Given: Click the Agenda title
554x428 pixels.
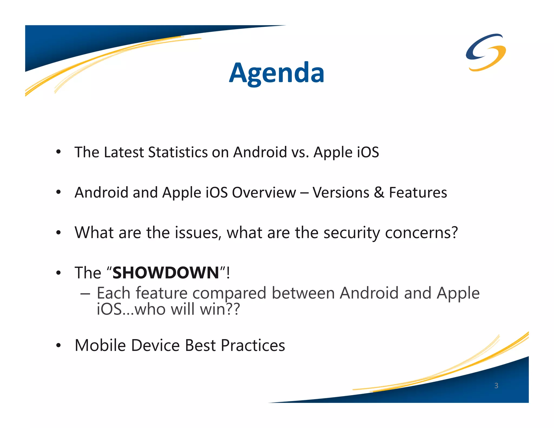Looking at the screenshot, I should point(276,73).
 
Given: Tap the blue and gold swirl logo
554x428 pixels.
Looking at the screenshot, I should point(486,52).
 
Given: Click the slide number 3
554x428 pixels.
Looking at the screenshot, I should point(496,386).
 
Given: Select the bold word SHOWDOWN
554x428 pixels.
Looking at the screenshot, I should point(166,273).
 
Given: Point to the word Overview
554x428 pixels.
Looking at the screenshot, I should point(264,193).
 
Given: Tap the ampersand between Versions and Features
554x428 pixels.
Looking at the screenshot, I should point(379,193).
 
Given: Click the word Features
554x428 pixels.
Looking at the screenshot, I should point(418,193).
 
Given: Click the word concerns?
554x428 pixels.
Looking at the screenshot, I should point(421,233).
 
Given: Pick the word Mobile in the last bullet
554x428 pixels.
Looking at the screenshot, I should point(100,345).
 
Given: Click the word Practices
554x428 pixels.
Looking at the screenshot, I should point(253,345).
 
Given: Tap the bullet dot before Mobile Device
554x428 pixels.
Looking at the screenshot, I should point(58,346).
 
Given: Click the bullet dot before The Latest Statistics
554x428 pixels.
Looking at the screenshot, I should point(58,152).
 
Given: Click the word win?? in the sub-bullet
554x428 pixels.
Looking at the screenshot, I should point(220,309).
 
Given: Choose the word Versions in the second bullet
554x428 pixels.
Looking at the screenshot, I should point(341,193).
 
